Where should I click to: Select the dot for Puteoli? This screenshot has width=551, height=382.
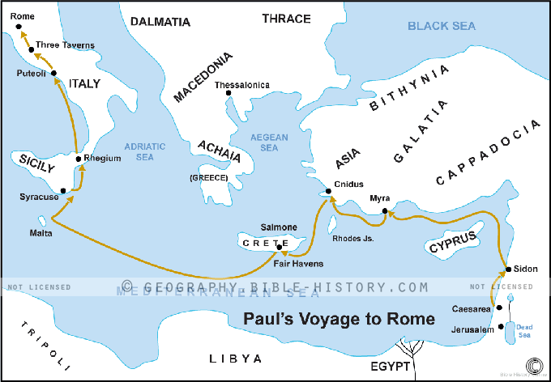point(53,74)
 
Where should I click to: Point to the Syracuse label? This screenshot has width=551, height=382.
point(39,197)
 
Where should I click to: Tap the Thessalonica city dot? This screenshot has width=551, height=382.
point(229,95)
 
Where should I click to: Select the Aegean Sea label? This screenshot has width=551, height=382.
point(263,142)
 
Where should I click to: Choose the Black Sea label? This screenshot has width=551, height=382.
point(441,27)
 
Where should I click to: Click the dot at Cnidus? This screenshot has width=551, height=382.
point(329,192)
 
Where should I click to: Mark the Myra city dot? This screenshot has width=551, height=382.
point(385,212)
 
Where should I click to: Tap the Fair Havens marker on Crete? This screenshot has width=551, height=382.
point(280,248)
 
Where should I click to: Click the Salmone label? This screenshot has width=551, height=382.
point(279,227)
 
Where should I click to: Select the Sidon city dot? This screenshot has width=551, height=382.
point(507,270)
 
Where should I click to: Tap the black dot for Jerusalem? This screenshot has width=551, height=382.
point(502,329)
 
